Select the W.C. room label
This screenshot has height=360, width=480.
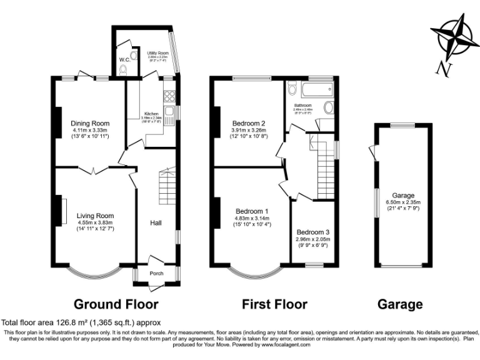point(124,60)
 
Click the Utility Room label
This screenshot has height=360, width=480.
point(158,54)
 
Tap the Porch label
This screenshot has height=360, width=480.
point(156,273)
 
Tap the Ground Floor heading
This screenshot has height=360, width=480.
point(116,304)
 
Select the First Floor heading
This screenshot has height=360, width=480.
point(274,304)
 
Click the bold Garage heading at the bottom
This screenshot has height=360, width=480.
point(400,304)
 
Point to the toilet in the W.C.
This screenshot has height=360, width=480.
point(122,70)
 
